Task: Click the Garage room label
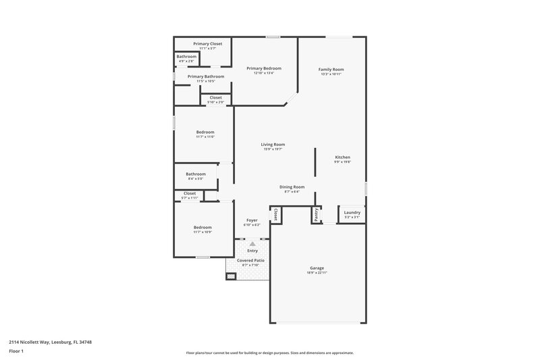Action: (x=317, y=268)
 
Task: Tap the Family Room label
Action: (x=331, y=70)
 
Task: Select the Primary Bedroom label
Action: (x=263, y=68)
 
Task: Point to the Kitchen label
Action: (x=342, y=157)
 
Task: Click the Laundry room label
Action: (x=352, y=213)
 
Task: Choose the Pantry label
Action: (x=316, y=215)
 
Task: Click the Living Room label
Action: (x=273, y=144)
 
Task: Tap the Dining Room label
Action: (x=292, y=186)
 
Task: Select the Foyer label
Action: (x=252, y=220)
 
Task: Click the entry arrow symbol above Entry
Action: (x=252, y=244)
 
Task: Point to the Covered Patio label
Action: (x=250, y=260)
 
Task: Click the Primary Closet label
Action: (x=207, y=43)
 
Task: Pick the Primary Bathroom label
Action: (x=206, y=76)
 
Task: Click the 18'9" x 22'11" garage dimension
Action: (x=317, y=273)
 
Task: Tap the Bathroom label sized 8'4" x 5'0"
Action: (x=196, y=174)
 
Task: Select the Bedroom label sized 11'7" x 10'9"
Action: (x=202, y=228)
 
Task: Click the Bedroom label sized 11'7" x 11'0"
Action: (x=205, y=132)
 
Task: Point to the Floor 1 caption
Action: (x=17, y=352)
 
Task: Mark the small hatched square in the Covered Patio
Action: (x=231, y=276)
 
